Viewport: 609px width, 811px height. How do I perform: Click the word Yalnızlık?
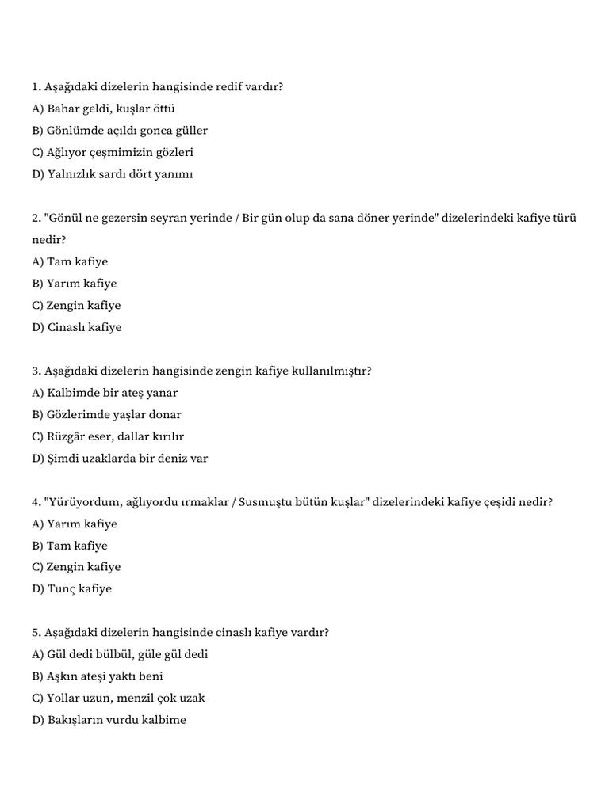click(76, 174)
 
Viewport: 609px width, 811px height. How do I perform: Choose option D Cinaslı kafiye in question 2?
click(77, 327)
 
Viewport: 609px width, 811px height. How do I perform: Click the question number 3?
click(36, 371)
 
